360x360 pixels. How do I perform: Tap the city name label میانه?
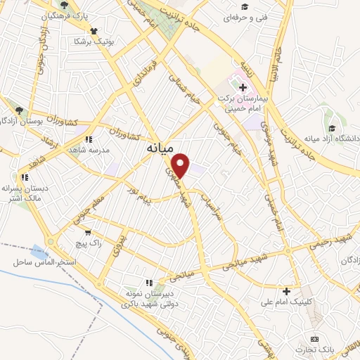coord(160,150)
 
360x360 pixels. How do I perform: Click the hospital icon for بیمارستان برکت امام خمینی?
coord(243,87)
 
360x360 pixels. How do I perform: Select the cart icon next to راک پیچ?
coord(87,232)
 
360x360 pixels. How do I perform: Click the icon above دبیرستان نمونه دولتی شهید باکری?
coord(148,283)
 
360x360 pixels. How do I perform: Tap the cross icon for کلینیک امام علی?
coord(286,291)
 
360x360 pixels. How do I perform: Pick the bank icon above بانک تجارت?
coord(314,339)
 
